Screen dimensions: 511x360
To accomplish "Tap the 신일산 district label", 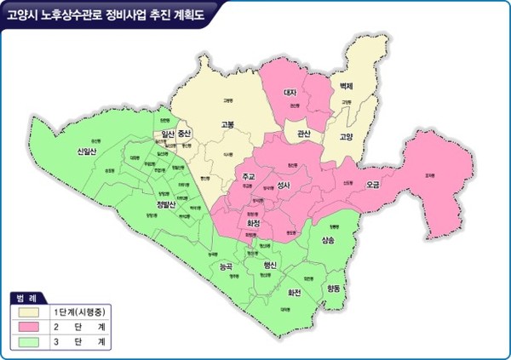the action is pyautogui.click(x=87, y=151).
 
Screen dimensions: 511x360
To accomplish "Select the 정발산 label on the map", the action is pyautogui.click(x=166, y=204).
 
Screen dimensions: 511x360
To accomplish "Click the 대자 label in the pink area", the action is pyautogui.click(x=289, y=91).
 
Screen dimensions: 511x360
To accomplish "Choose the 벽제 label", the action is pyautogui.click(x=345, y=87).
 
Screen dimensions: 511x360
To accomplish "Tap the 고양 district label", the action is pyautogui.click(x=346, y=136).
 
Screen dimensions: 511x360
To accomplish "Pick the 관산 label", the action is pyautogui.click(x=304, y=134).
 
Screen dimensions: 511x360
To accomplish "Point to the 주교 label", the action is pyautogui.click(x=249, y=176).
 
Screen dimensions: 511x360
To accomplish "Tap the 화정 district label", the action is pyautogui.click(x=253, y=223).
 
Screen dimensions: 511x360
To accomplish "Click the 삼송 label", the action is pyautogui.click(x=328, y=241).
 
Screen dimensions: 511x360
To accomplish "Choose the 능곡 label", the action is pyautogui.click(x=226, y=266).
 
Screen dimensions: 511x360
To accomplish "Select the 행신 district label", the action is pyautogui.click(x=271, y=266).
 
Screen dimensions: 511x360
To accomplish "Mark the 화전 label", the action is pyautogui.click(x=295, y=291).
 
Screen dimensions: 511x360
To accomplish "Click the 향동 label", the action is pyautogui.click(x=333, y=289).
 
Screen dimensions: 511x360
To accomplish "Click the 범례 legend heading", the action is pyautogui.click(x=26, y=297).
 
